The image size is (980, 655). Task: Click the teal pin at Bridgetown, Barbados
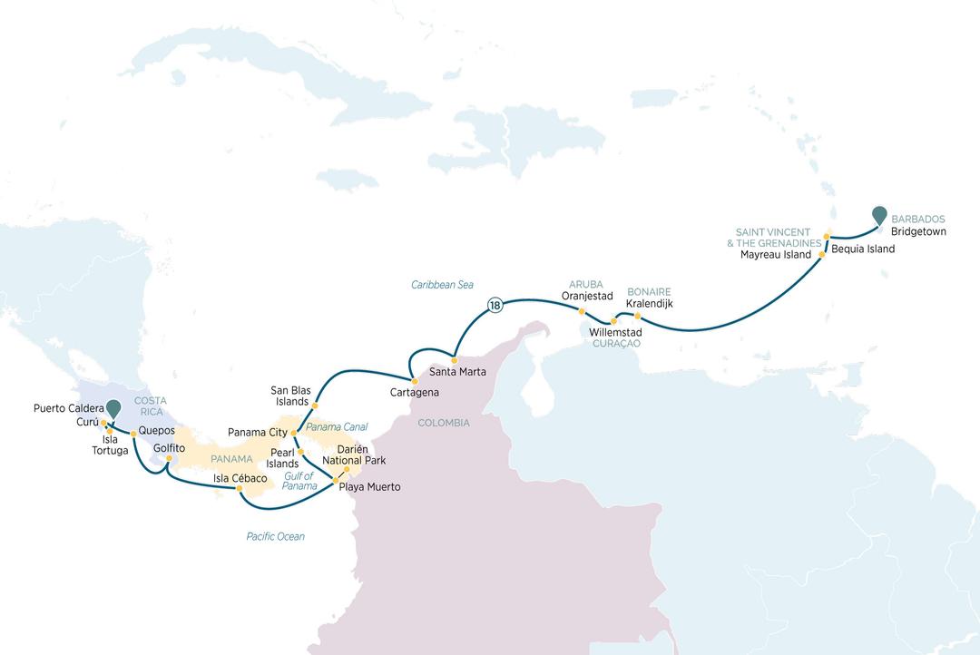[x=878, y=215]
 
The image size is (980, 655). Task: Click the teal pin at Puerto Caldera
[x=113, y=410]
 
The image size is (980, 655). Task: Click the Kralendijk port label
[x=650, y=303]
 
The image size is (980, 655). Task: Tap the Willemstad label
[x=616, y=333]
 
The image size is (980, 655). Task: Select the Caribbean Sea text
[x=443, y=285]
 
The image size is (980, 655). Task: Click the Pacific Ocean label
[x=275, y=536]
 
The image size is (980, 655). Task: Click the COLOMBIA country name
[x=444, y=423]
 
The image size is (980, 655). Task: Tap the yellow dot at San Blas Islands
[x=315, y=405]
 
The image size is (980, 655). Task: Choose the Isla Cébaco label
[x=240, y=478]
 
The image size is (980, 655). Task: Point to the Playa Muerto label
[x=369, y=487]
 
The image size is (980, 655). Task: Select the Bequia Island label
[x=863, y=249]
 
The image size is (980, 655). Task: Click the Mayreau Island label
[x=776, y=255]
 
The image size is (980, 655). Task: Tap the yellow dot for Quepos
[x=133, y=434]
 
